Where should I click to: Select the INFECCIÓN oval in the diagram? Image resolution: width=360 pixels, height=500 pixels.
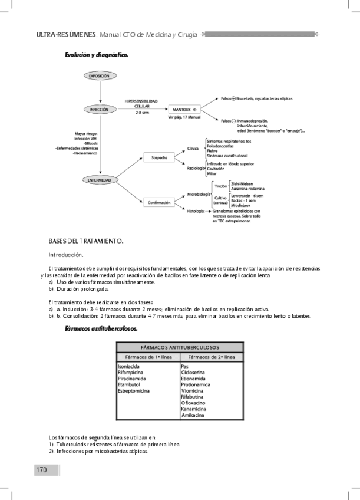pyautogui.click(x=101, y=110)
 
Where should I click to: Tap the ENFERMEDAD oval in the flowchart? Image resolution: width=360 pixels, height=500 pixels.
pyautogui.click(x=101, y=179)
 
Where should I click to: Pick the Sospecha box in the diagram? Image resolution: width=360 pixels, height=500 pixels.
pyautogui.click(x=160, y=158)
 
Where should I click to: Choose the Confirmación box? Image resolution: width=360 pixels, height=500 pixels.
pyautogui.click(x=159, y=202)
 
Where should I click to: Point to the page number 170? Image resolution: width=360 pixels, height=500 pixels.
pyautogui.click(x=42, y=470)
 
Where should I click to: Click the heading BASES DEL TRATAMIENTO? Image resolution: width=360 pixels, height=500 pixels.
pyautogui.click(x=85, y=241)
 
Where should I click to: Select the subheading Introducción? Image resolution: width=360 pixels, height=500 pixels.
pyautogui.click(x=66, y=255)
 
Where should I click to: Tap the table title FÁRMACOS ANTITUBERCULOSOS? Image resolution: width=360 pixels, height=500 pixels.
pyautogui.click(x=179, y=347)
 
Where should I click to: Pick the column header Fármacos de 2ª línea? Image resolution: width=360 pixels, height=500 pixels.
pyautogui.click(x=210, y=357)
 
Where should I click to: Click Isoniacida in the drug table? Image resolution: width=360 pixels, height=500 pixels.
pyautogui.click(x=128, y=366)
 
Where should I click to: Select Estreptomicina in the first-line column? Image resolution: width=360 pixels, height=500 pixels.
pyautogui.click(x=134, y=390)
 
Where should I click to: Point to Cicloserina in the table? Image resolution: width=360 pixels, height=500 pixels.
pyautogui.click(x=194, y=372)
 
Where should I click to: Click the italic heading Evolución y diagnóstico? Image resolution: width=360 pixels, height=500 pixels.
pyautogui.click(x=97, y=55)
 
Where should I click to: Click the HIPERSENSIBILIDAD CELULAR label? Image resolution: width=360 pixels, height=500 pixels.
pyautogui.click(x=141, y=103)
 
